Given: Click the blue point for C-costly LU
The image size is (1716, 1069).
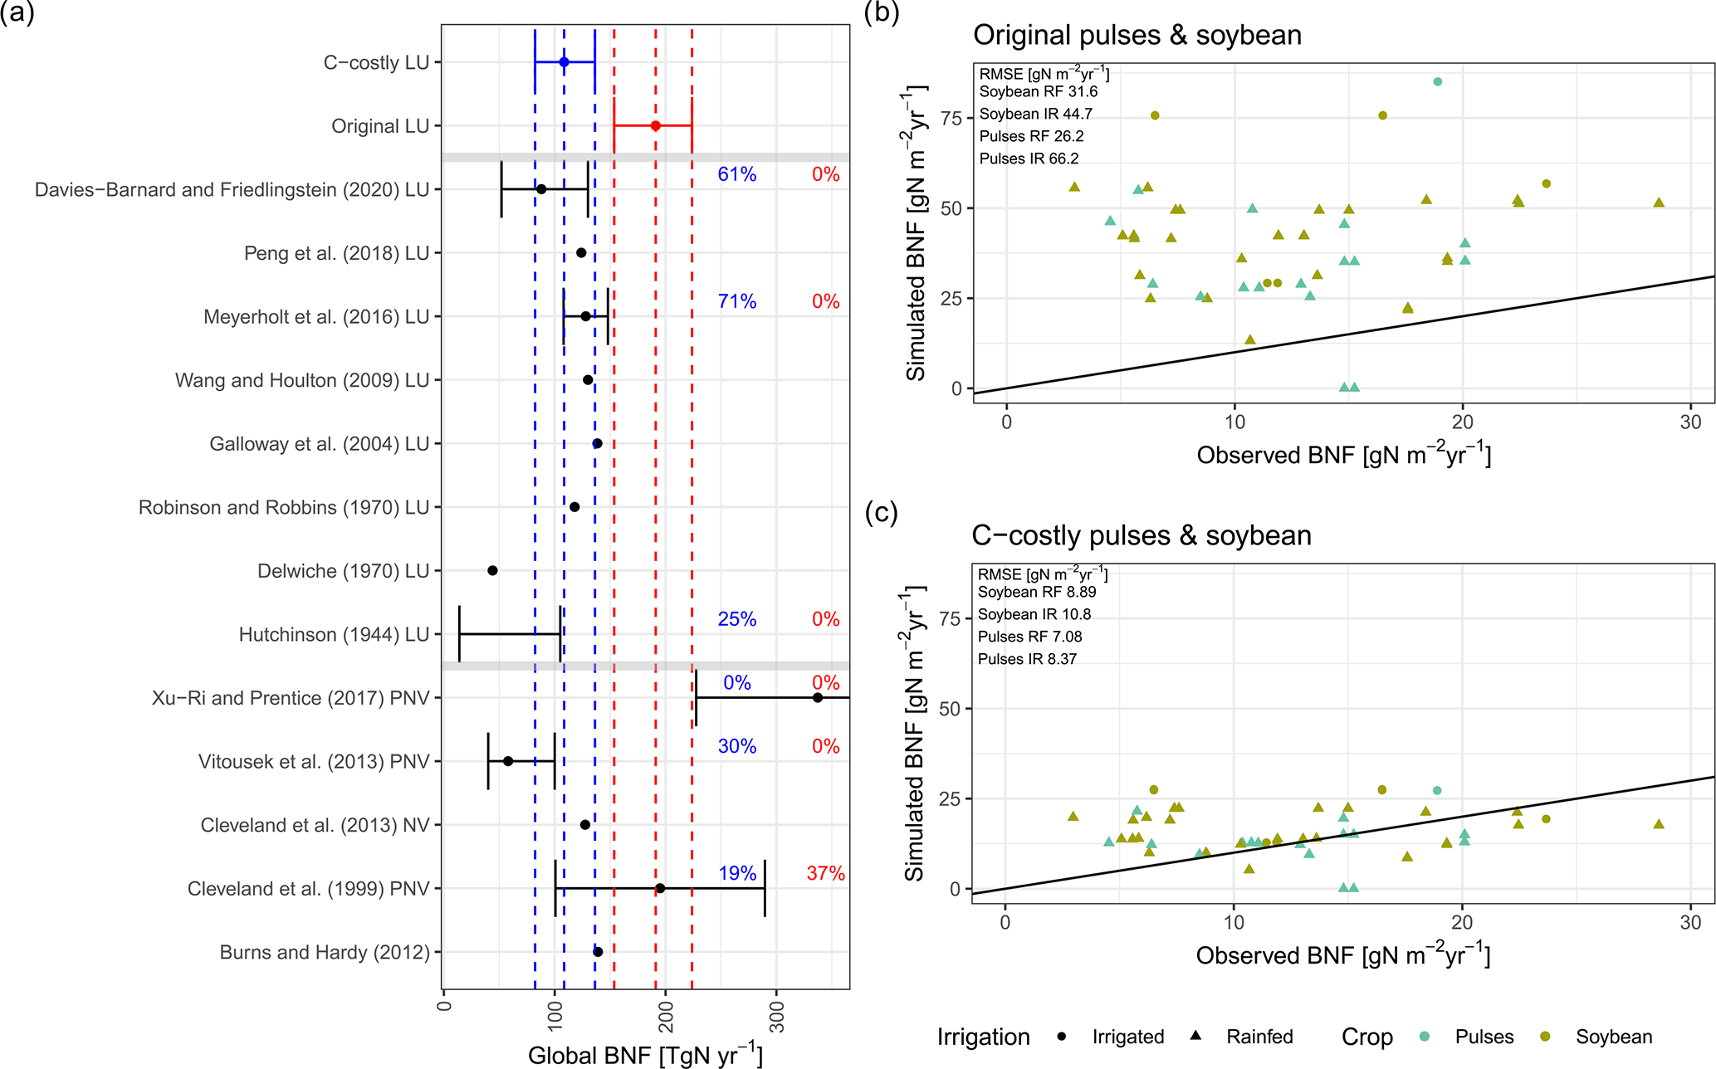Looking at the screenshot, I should (x=564, y=62).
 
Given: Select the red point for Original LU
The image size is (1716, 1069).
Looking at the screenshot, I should (x=655, y=125).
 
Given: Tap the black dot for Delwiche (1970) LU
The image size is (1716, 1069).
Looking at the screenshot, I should (x=492, y=570).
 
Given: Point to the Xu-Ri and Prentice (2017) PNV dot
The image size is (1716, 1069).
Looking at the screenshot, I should (x=817, y=697).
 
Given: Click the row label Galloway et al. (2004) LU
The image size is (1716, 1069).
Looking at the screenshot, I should (x=319, y=444).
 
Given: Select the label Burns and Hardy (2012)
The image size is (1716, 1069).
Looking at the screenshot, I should (x=325, y=952).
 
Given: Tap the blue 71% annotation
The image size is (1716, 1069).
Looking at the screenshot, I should (x=737, y=301).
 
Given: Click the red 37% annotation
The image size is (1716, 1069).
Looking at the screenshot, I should (x=825, y=873).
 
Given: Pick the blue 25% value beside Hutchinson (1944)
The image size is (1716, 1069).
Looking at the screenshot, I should (x=737, y=619).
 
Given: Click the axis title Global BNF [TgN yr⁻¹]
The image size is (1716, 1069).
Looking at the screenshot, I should (x=645, y=1055).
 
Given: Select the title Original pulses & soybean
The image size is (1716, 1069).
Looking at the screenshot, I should (x=1137, y=35).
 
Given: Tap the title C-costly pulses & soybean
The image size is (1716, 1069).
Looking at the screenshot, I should (x=1142, y=535).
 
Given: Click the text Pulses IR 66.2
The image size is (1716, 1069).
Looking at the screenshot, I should (x=1029, y=159).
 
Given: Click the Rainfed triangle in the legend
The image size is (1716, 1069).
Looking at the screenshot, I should (x=1195, y=1036).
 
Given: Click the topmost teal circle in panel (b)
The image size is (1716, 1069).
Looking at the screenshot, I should (x=1437, y=81).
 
